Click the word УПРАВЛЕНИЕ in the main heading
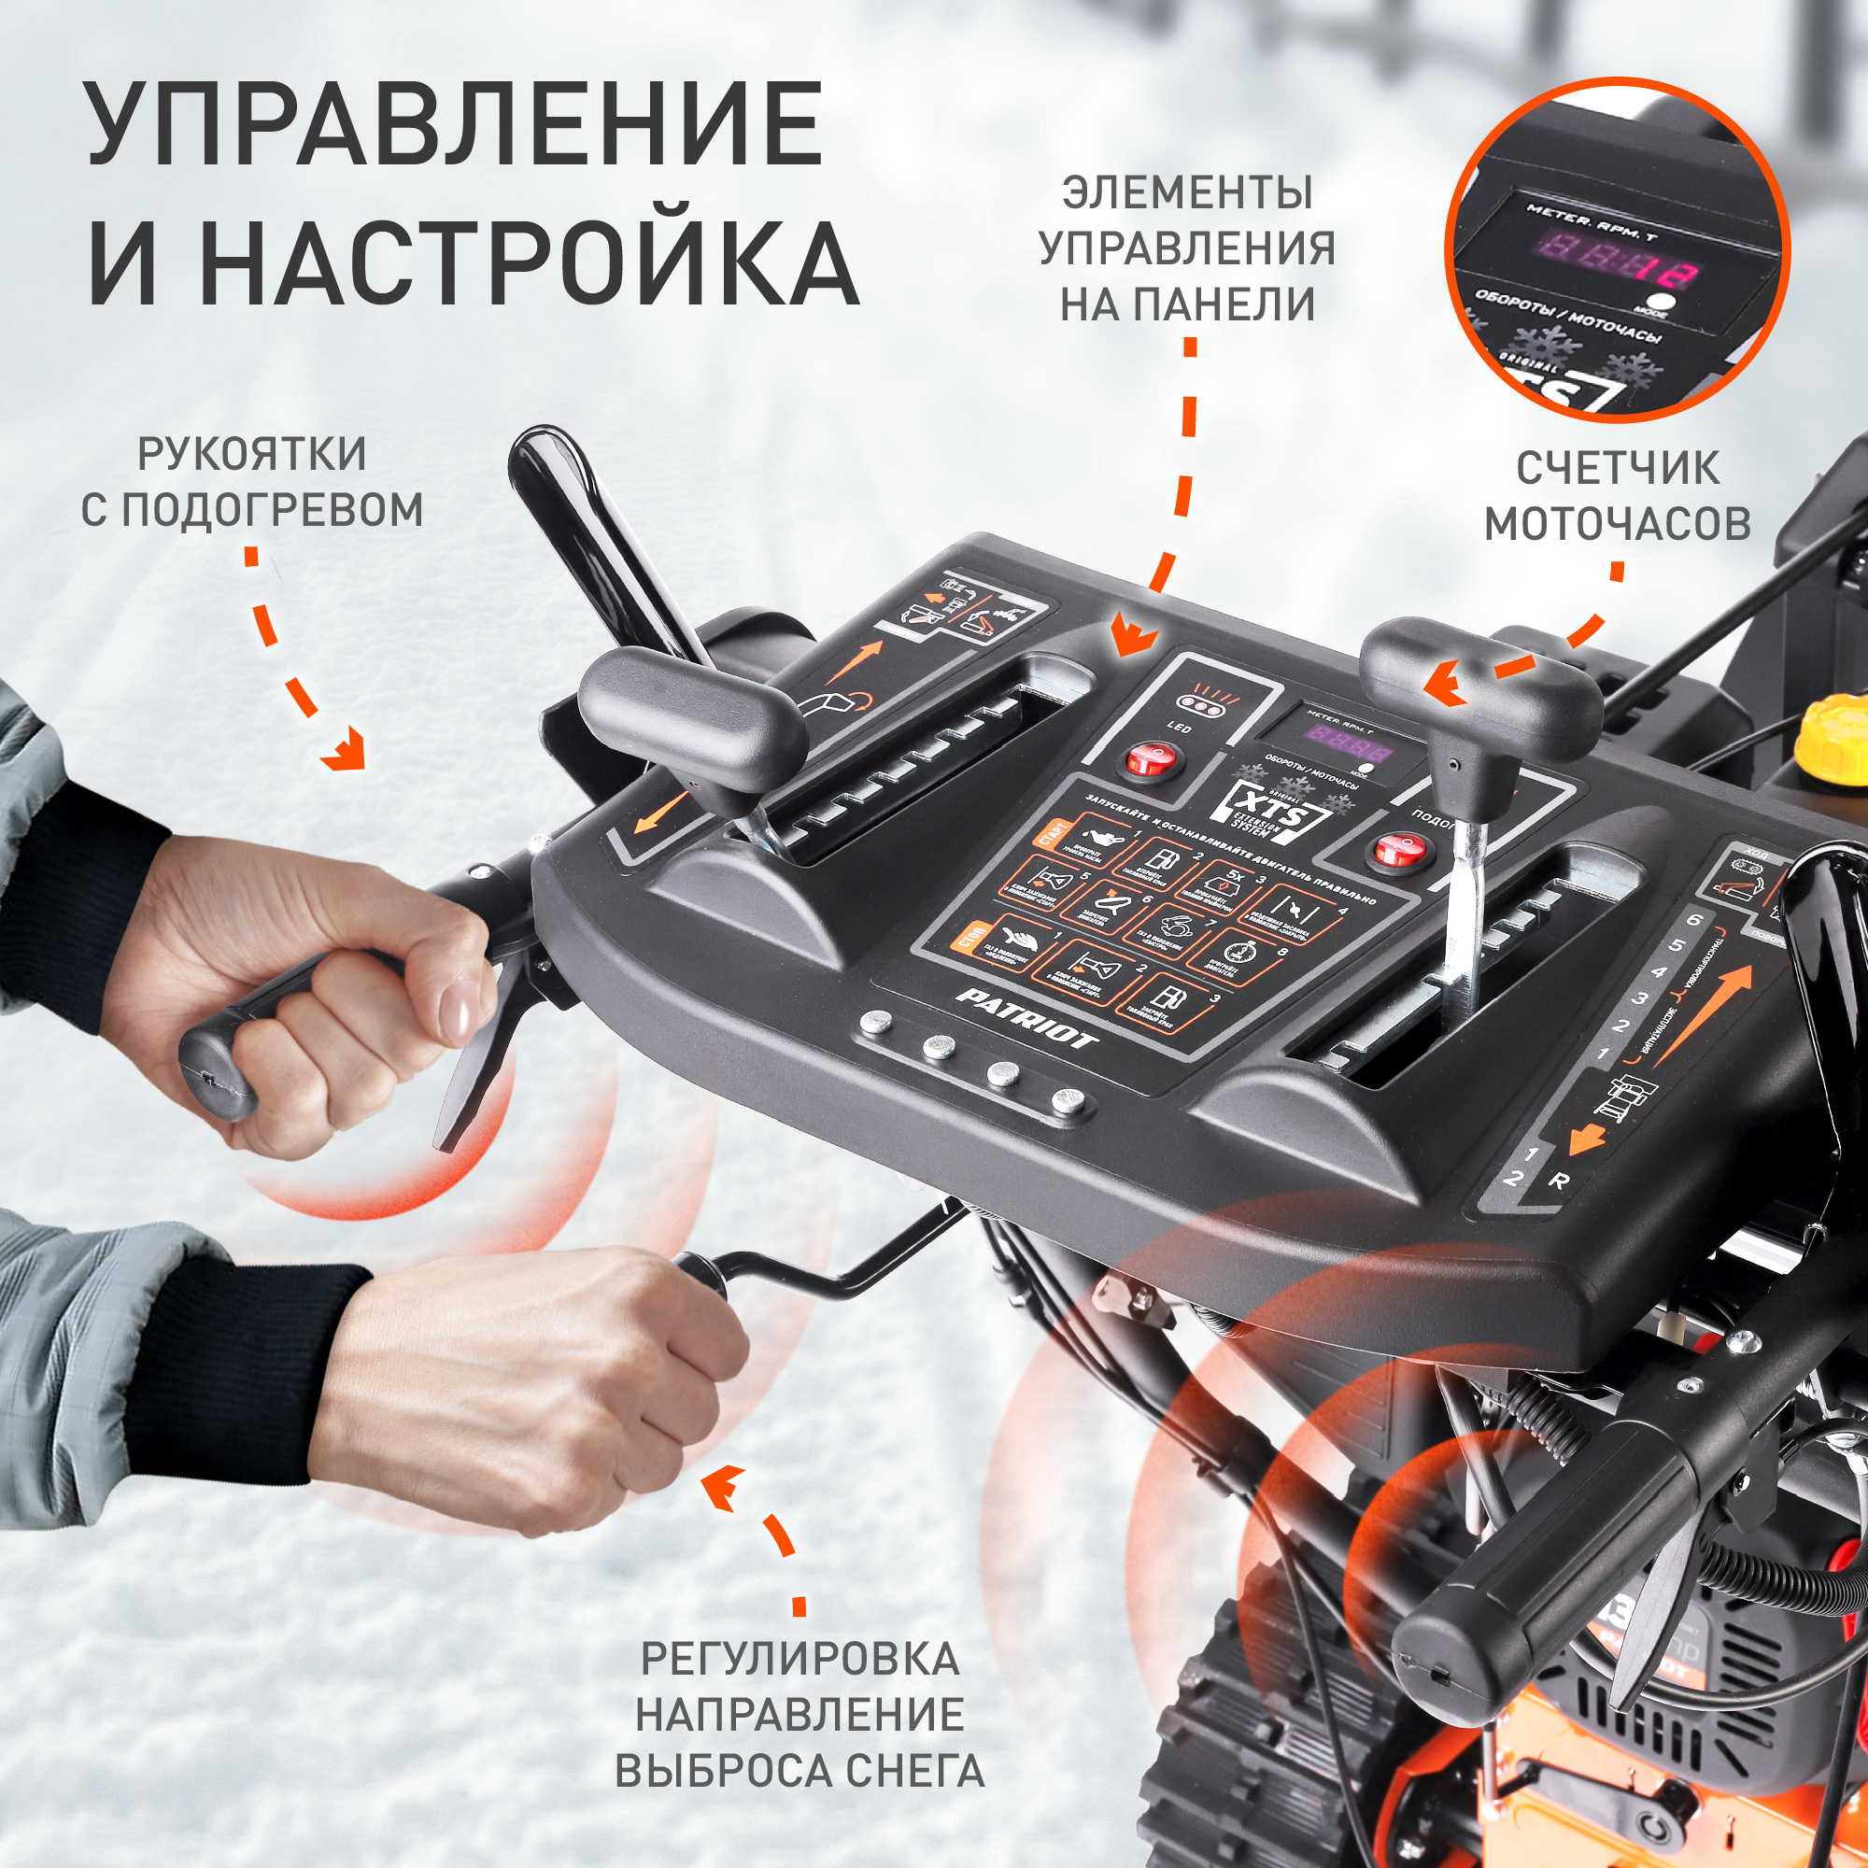click(455, 126)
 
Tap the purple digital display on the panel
click(1349, 747)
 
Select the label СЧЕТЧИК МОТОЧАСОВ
click(1618, 496)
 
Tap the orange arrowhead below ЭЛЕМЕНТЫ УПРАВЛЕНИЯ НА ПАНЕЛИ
click(1133, 638)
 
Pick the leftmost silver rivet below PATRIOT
click(876, 1022)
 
